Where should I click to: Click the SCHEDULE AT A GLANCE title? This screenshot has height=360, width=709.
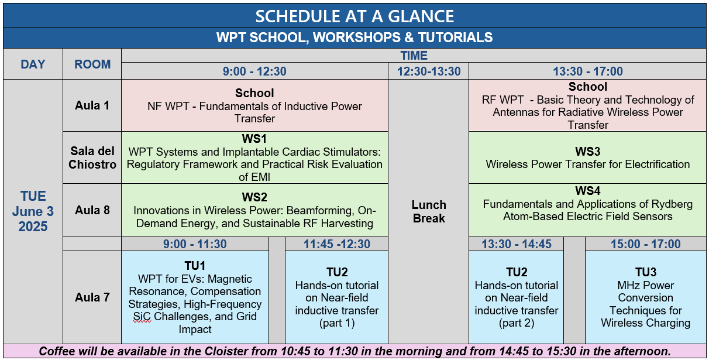click(x=354, y=16)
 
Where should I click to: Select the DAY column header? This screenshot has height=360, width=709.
click(x=33, y=64)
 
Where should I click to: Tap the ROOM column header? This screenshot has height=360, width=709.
click(x=92, y=64)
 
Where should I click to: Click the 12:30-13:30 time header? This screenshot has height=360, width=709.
click(x=429, y=71)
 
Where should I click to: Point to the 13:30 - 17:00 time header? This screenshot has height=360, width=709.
click(x=588, y=71)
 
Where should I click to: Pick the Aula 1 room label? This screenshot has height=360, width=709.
click(x=92, y=105)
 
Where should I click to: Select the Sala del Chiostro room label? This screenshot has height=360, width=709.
click(x=92, y=157)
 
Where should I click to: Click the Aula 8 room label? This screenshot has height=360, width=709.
click(x=92, y=210)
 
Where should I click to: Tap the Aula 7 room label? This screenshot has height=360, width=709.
click(x=92, y=297)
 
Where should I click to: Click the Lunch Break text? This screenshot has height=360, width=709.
click(x=429, y=211)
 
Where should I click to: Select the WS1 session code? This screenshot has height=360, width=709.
click(x=254, y=139)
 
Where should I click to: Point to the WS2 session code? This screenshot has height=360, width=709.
click(x=254, y=197)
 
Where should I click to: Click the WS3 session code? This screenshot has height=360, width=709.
click(x=588, y=152)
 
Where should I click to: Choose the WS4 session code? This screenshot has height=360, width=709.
click(x=588, y=191)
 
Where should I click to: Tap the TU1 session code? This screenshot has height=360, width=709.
click(x=195, y=266)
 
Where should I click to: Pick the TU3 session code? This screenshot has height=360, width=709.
click(x=646, y=272)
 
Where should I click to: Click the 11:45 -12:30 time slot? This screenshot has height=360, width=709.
click(x=337, y=244)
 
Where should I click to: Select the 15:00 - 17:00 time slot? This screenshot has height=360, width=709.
click(x=645, y=244)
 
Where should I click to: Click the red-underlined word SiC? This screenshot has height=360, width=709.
click(x=142, y=317)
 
